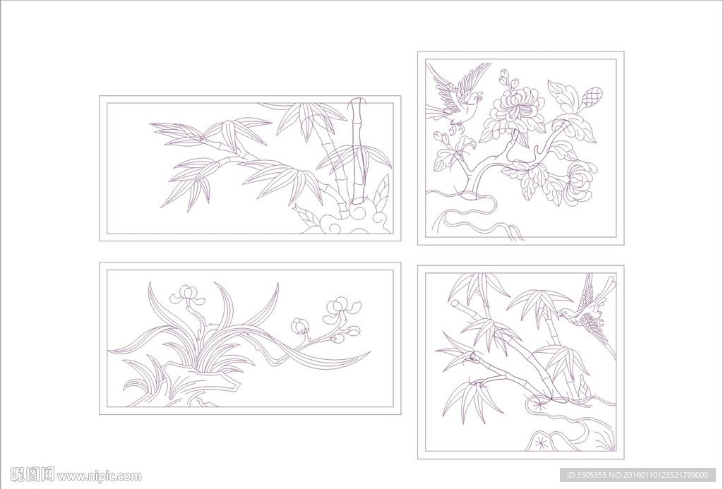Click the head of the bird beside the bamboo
pos(566,313)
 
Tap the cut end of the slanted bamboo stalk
pos(455,305)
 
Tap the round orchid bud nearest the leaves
pos(299,326)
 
